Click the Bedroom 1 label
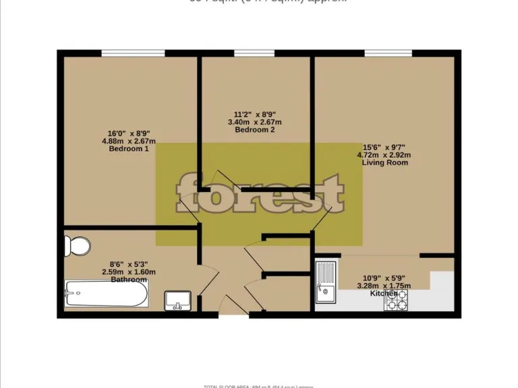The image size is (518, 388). click(x=129, y=149)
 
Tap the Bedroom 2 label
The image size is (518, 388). click(x=254, y=130)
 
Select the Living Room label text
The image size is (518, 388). click(x=384, y=162)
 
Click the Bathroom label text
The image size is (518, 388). click(x=128, y=280)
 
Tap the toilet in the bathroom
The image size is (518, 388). click(x=79, y=246)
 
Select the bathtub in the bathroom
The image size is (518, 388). click(x=107, y=294)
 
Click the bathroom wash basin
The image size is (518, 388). click(x=179, y=300)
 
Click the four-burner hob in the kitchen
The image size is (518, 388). click(x=396, y=300)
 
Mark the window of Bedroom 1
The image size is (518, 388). click(x=133, y=53)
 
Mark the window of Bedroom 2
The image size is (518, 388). click(x=254, y=53)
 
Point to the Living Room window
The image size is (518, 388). click(x=388, y=53)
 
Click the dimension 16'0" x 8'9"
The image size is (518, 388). click(x=129, y=133)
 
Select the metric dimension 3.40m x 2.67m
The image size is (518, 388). click(x=254, y=122)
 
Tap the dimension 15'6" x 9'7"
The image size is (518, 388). click(x=384, y=147)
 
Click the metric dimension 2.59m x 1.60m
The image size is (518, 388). click(x=128, y=272)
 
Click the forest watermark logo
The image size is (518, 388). click(x=260, y=194)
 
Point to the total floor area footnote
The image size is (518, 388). click(x=259, y=386)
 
